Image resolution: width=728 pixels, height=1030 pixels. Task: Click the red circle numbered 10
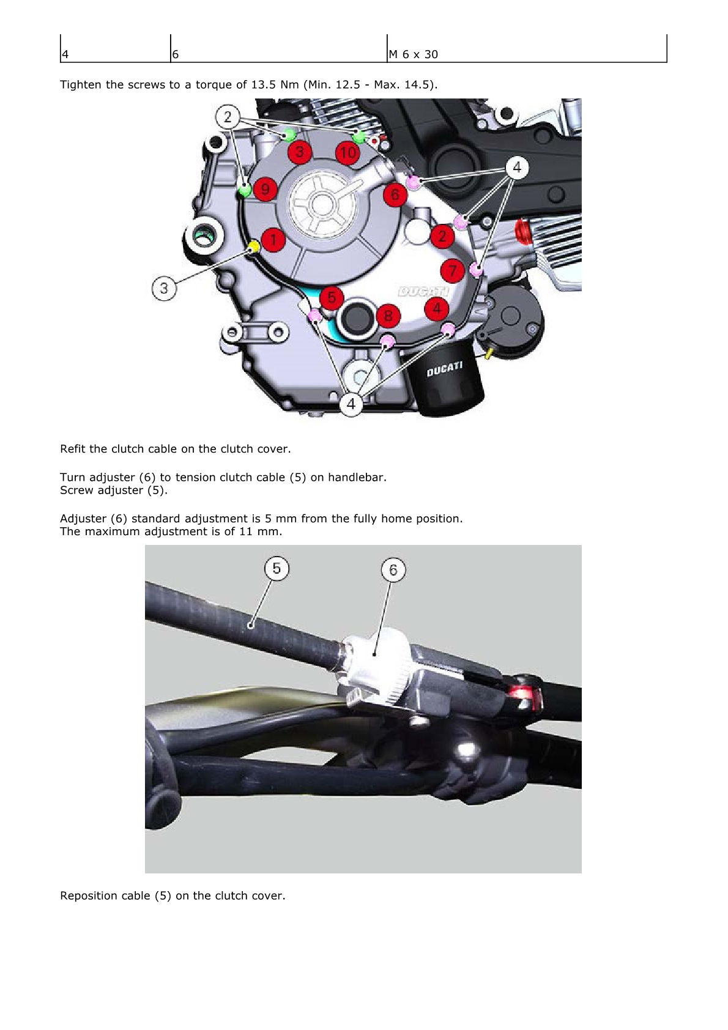347,153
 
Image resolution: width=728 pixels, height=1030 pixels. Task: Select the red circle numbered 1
273,240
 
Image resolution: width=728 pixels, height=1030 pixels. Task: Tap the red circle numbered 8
388,316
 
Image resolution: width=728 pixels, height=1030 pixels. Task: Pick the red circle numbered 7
453,271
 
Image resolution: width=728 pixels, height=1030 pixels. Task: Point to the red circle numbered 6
395,195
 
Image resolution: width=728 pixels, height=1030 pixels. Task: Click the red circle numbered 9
265,189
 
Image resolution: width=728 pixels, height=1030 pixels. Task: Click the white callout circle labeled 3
164,288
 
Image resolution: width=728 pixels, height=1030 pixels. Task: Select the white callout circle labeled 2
228,117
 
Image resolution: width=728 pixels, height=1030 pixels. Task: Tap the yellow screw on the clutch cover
253,247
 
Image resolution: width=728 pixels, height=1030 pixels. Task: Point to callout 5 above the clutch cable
277,568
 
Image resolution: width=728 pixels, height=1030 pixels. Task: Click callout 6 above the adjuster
393,570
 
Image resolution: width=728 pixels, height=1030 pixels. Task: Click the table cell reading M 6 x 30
413,54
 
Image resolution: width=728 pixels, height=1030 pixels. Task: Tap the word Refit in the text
73,449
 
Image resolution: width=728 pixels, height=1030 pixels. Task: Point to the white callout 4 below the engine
351,404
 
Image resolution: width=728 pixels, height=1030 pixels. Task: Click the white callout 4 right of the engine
517,168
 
